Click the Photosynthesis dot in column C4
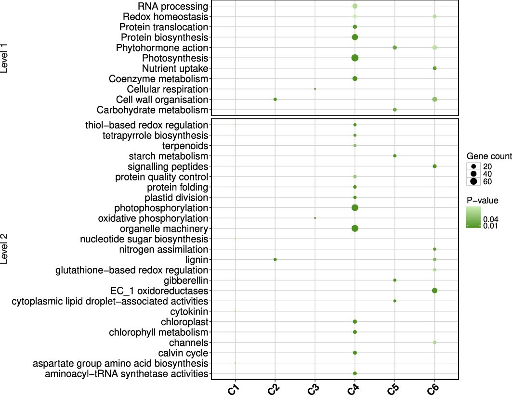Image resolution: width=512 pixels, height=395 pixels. (354, 58)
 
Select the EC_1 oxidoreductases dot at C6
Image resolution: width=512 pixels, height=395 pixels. (434, 291)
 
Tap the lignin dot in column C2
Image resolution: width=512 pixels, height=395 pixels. (275, 259)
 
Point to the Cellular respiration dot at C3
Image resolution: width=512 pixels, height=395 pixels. (315, 89)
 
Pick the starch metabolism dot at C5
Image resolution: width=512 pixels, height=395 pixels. (394, 156)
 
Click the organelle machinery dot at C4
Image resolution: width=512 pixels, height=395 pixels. (354, 229)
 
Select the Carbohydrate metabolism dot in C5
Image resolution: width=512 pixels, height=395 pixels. (394, 110)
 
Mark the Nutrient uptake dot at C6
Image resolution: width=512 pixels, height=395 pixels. (434, 68)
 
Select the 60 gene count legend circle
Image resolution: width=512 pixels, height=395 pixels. (473, 181)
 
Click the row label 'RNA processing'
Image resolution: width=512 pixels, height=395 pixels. (173, 6)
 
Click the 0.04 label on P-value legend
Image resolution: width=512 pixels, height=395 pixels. (491, 219)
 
